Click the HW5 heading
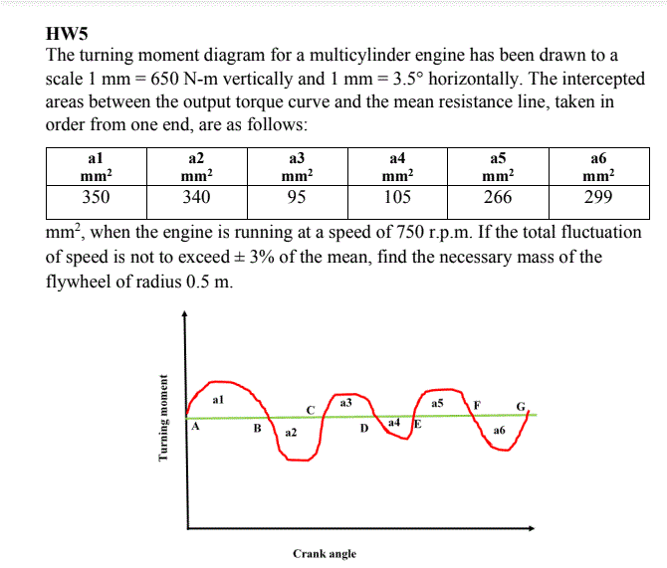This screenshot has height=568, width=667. click(x=67, y=34)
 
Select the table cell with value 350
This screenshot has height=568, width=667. click(x=97, y=202)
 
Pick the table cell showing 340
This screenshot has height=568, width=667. click(x=197, y=202)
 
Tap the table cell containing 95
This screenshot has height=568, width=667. click(x=298, y=202)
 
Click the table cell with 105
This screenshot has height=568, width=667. click(x=398, y=202)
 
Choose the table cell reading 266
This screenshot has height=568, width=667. click(x=498, y=202)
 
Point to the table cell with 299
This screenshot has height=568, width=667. click(x=599, y=202)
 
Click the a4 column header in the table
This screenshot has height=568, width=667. click(x=398, y=167)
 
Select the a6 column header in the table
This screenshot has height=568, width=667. click(x=599, y=167)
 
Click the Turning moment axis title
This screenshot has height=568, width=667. click(x=162, y=418)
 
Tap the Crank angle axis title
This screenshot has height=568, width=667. click(x=325, y=554)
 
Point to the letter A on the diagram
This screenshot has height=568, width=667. click(x=195, y=426)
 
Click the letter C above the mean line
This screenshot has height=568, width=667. click(x=311, y=410)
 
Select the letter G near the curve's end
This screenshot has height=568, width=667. click(x=521, y=407)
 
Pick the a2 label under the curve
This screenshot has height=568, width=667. click(x=291, y=433)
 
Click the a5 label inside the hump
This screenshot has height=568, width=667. click(x=437, y=403)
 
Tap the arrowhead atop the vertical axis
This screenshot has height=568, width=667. click(x=184, y=313)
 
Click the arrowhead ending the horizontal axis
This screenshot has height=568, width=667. click(x=532, y=528)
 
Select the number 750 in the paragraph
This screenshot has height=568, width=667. click(x=410, y=232)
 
